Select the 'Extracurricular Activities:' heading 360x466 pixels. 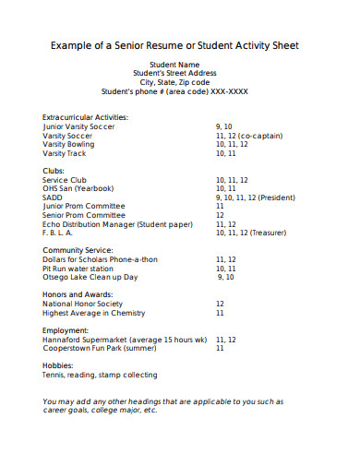pos(85,117)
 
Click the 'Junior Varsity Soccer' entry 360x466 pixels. pos(80,126)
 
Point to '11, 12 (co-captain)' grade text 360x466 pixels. pos(248,136)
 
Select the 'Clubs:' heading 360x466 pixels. pos(54,171)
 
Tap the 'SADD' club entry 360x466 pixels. pos(53,197)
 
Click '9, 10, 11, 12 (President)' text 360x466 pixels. pos(255,197)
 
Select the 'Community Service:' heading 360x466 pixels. pos(78,250)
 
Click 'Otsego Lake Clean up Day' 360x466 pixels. pos(90,277)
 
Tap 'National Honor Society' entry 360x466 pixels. pos(82,303)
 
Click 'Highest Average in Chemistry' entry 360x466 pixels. pos(94,312)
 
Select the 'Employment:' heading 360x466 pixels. pos(65,329)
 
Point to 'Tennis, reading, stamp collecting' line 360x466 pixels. pos(100,375)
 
